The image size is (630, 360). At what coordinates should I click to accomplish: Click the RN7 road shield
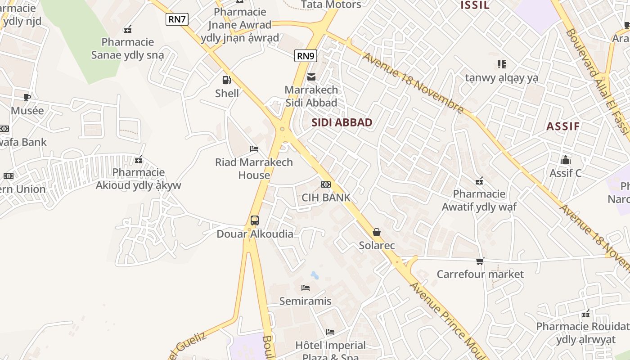click(177, 19)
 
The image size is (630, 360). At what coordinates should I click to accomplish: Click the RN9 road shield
click(306, 56)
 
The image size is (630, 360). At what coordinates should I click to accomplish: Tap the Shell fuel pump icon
click(227, 80)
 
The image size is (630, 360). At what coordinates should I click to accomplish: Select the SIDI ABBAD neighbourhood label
click(342, 122)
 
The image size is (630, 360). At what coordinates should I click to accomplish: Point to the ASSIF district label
click(563, 126)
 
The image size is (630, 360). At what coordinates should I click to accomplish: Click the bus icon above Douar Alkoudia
click(255, 220)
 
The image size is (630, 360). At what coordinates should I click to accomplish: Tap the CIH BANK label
click(326, 198)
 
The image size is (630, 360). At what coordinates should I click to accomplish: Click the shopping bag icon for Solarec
click(377, 232)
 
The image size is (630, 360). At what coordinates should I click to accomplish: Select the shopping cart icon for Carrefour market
click(480, 261)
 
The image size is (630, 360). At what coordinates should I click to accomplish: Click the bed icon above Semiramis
click(306, 288)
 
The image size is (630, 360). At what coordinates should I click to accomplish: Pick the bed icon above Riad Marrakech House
click(254, 149)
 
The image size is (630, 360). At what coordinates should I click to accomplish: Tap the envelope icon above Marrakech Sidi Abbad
click(311, 77)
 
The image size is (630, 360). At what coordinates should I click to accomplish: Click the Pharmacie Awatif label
click(479, 200)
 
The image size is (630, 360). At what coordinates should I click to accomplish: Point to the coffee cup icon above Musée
click(27, 97)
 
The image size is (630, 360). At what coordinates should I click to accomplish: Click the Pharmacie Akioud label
click(139, 179)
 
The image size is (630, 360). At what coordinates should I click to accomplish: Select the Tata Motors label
click(331, 4)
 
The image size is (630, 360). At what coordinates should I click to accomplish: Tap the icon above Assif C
click(566, 160)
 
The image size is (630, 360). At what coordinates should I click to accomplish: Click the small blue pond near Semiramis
click(315, 275)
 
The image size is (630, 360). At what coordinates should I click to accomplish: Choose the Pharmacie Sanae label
click(128, 49)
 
